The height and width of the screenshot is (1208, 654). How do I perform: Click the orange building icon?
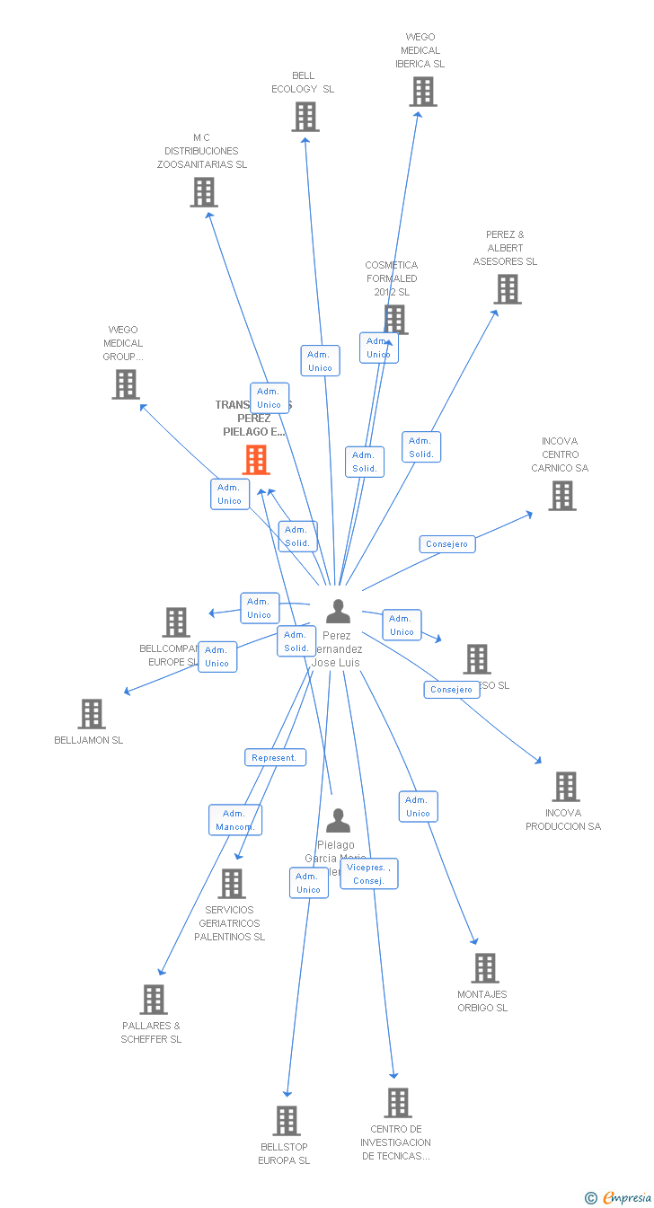click(256, 460)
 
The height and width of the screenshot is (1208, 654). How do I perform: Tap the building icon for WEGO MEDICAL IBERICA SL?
click(423, 92)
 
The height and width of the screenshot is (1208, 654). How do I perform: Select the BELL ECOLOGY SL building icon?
click(305, 117)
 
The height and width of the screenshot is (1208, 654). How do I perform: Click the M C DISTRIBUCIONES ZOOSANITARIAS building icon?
click(204, 192)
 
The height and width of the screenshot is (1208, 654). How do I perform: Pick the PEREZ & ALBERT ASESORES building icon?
click(508, 289)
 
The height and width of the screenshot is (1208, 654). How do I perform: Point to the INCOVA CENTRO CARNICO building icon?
click(562, 496)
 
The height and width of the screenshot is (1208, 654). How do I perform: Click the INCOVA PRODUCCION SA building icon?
click(566, 787)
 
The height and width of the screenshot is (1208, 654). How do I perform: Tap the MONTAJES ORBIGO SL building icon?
click(485, 968)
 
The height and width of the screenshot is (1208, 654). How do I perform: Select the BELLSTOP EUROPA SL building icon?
click(287, 1121)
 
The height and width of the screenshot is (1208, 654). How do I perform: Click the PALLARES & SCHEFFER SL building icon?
click(154, 1000)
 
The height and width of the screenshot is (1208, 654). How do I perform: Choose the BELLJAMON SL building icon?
click(92, 714)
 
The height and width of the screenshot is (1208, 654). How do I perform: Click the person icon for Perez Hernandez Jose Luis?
click(338, 612)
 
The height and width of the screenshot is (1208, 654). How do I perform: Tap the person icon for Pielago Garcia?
click(338, 821)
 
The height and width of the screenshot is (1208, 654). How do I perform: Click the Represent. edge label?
click(275, 757)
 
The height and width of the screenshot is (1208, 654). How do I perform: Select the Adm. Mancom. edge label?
click(235, 820)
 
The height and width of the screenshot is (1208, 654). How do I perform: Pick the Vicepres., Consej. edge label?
click(368, 874)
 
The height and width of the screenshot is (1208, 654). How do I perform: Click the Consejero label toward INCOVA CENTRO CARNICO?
click(447, 544)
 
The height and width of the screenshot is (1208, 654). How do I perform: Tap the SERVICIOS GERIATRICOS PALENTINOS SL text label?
click(230, 923)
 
